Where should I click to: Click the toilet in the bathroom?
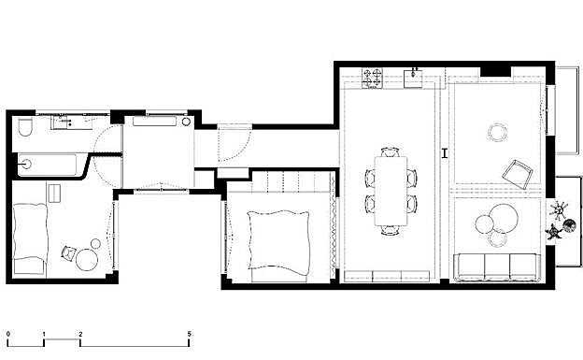pyautogui.click(x=25, y=127)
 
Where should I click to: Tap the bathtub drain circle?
pyautogui.click(x=26, y=164)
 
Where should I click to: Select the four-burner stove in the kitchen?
pyautogui.click(x=372, y=78)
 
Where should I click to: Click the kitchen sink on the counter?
pyautogui.click(x=413, y=78)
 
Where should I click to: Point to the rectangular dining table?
pyautogui.click(x=391, y=191)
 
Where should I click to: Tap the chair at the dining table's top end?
pyautogui.click(x=391, y=151)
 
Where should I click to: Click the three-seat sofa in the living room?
pyautogui.click(x=497, y=266)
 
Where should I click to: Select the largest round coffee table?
pyautogui.click(x=504, y=218)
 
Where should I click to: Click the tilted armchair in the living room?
pyautogui.click(x=516, y=174)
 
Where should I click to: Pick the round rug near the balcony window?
pyautogui.click(x=497, y=132)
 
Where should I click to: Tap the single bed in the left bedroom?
pyautogui.click(x=30, y=239)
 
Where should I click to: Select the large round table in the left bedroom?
pyautogui.click(x=87, y=260)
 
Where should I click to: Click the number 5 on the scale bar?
pyautogui.click(x=190, y=335)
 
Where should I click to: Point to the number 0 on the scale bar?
pyautogui.click(x=8, y=335)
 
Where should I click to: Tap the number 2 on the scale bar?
pyautogui.click(x=80, y=335)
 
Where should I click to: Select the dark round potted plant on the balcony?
pyautogui.click(x=569, y=225)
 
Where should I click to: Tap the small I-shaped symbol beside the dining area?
pyautogui.click(x=445, y=153)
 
